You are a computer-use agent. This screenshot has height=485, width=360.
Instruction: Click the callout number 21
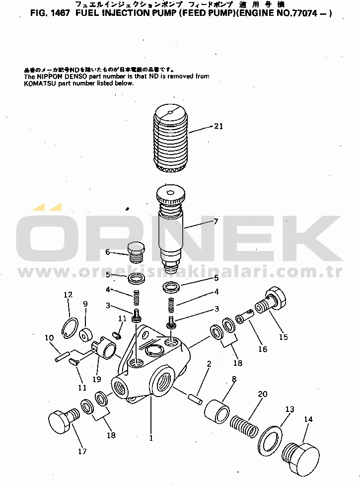(218, 126)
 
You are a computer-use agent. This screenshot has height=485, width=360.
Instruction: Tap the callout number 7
(216, 222)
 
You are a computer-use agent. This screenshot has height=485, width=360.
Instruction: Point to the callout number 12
(68, 295)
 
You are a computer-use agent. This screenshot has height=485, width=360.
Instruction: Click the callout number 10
(49, 338)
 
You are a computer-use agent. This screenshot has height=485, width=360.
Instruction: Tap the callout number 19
(96, 379)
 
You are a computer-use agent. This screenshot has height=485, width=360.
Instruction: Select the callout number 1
(151, 438)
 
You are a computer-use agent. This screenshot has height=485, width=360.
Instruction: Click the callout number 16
(263, 349)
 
